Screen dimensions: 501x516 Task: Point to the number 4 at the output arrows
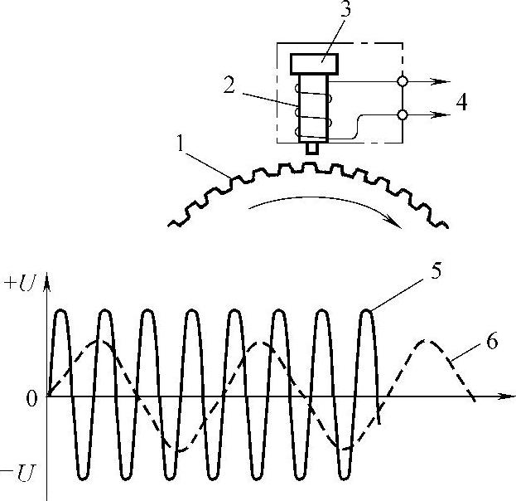coord(461,102)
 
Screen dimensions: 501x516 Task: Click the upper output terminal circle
coord(403,81)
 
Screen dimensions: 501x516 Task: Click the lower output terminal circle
coord(403,114)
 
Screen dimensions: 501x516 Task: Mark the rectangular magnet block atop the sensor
coord(311,62)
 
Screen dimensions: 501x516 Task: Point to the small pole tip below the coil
coord(311,148)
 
